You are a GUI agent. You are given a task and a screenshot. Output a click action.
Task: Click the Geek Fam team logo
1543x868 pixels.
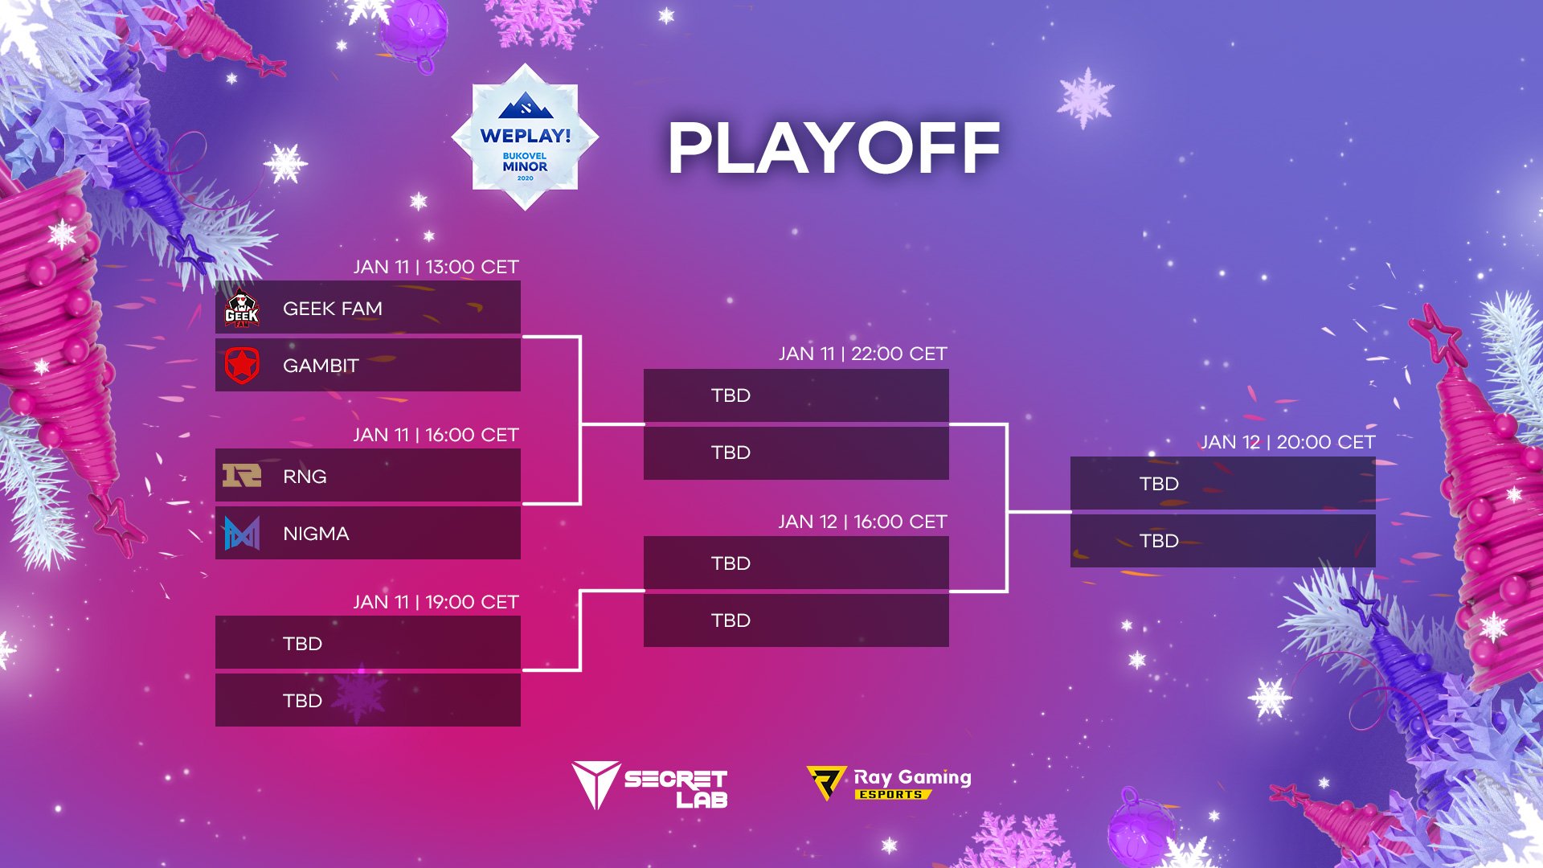coord(242,309)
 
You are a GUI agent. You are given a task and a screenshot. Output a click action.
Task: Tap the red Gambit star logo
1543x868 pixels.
coord(242,366)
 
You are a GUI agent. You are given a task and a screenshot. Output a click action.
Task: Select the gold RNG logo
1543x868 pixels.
coord(242,476)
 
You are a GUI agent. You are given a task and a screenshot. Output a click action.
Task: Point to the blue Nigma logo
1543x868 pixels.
coord(242,533)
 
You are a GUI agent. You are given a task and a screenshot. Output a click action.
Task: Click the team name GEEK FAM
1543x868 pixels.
coord(333,309)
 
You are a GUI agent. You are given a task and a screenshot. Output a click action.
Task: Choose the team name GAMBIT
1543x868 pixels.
coord(321,366)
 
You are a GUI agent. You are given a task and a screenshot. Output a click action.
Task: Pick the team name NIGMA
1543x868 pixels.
coord(316,534)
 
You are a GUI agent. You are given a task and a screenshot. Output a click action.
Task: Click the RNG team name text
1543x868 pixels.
coord(305,477)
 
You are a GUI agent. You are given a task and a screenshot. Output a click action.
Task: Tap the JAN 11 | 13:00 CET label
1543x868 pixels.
coord(436,267)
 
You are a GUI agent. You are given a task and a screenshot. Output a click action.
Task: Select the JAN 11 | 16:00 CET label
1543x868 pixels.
coord(436,435)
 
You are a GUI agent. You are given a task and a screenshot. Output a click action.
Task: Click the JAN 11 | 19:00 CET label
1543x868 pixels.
coord(436,602)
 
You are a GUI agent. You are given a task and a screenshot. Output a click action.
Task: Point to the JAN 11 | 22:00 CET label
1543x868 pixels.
coord(863,354)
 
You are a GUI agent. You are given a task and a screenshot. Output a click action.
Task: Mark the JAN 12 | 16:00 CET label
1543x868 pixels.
coord(863,522)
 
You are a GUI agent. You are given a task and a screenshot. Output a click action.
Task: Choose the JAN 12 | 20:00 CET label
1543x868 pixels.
coord(1288,442)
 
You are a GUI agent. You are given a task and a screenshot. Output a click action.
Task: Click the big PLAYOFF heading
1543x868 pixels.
coord(834,148)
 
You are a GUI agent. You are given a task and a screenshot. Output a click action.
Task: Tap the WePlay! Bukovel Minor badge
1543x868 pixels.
coord(525,137)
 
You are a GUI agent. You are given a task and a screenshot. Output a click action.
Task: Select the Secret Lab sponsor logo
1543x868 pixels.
coord(649,785)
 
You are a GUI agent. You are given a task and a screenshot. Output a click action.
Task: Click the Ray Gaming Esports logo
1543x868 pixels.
coord(889,783)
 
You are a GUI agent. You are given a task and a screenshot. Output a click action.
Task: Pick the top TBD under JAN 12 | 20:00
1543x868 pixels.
coord(1159,484)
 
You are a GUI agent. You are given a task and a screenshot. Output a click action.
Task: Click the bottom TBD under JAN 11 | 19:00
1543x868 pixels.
coord(302,701)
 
